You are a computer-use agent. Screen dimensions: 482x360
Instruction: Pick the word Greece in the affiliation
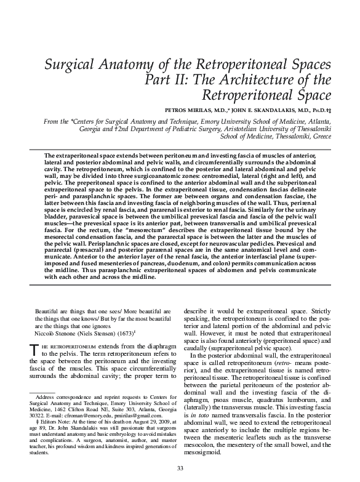[x=318, y=139]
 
